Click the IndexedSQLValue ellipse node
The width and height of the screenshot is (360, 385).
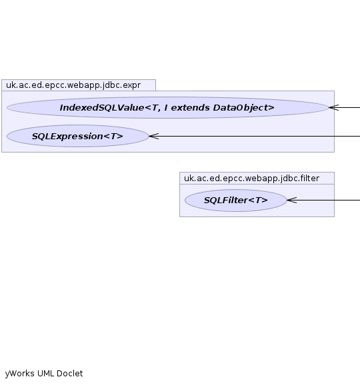[x=167, y=107]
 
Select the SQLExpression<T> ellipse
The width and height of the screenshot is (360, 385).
[x=77, y=136]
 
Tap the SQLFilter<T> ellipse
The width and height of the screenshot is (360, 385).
[x=235, y=200]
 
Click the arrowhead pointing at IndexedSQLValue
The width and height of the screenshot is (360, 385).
[x=334, y=107]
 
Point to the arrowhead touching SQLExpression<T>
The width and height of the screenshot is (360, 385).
[x=153, y=136]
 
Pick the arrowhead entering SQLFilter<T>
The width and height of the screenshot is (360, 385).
[x=292, y=200]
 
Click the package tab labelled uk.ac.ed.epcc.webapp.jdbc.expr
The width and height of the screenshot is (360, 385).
[x=79, y=85]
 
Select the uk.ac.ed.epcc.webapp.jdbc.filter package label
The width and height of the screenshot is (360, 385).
[x=251, y=179]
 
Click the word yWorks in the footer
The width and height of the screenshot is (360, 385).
[x=19, y=374]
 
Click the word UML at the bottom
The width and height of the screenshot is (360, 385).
[x=45, y=374]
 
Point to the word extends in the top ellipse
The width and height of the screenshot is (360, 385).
[x=191, y=108]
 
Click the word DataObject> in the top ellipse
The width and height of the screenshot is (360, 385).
[x=243, y=108]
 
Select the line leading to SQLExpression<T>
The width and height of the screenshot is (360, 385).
[x=255, y=136]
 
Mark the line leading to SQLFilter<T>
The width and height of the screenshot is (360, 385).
[x=323, y=200]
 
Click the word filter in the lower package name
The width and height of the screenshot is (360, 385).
[x=310, y=179]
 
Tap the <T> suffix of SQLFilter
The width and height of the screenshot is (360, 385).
[x=258, y=200]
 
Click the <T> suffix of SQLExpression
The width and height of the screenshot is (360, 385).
[x=113, y=137]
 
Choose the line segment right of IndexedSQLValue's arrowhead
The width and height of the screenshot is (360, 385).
[x=349, y=107]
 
